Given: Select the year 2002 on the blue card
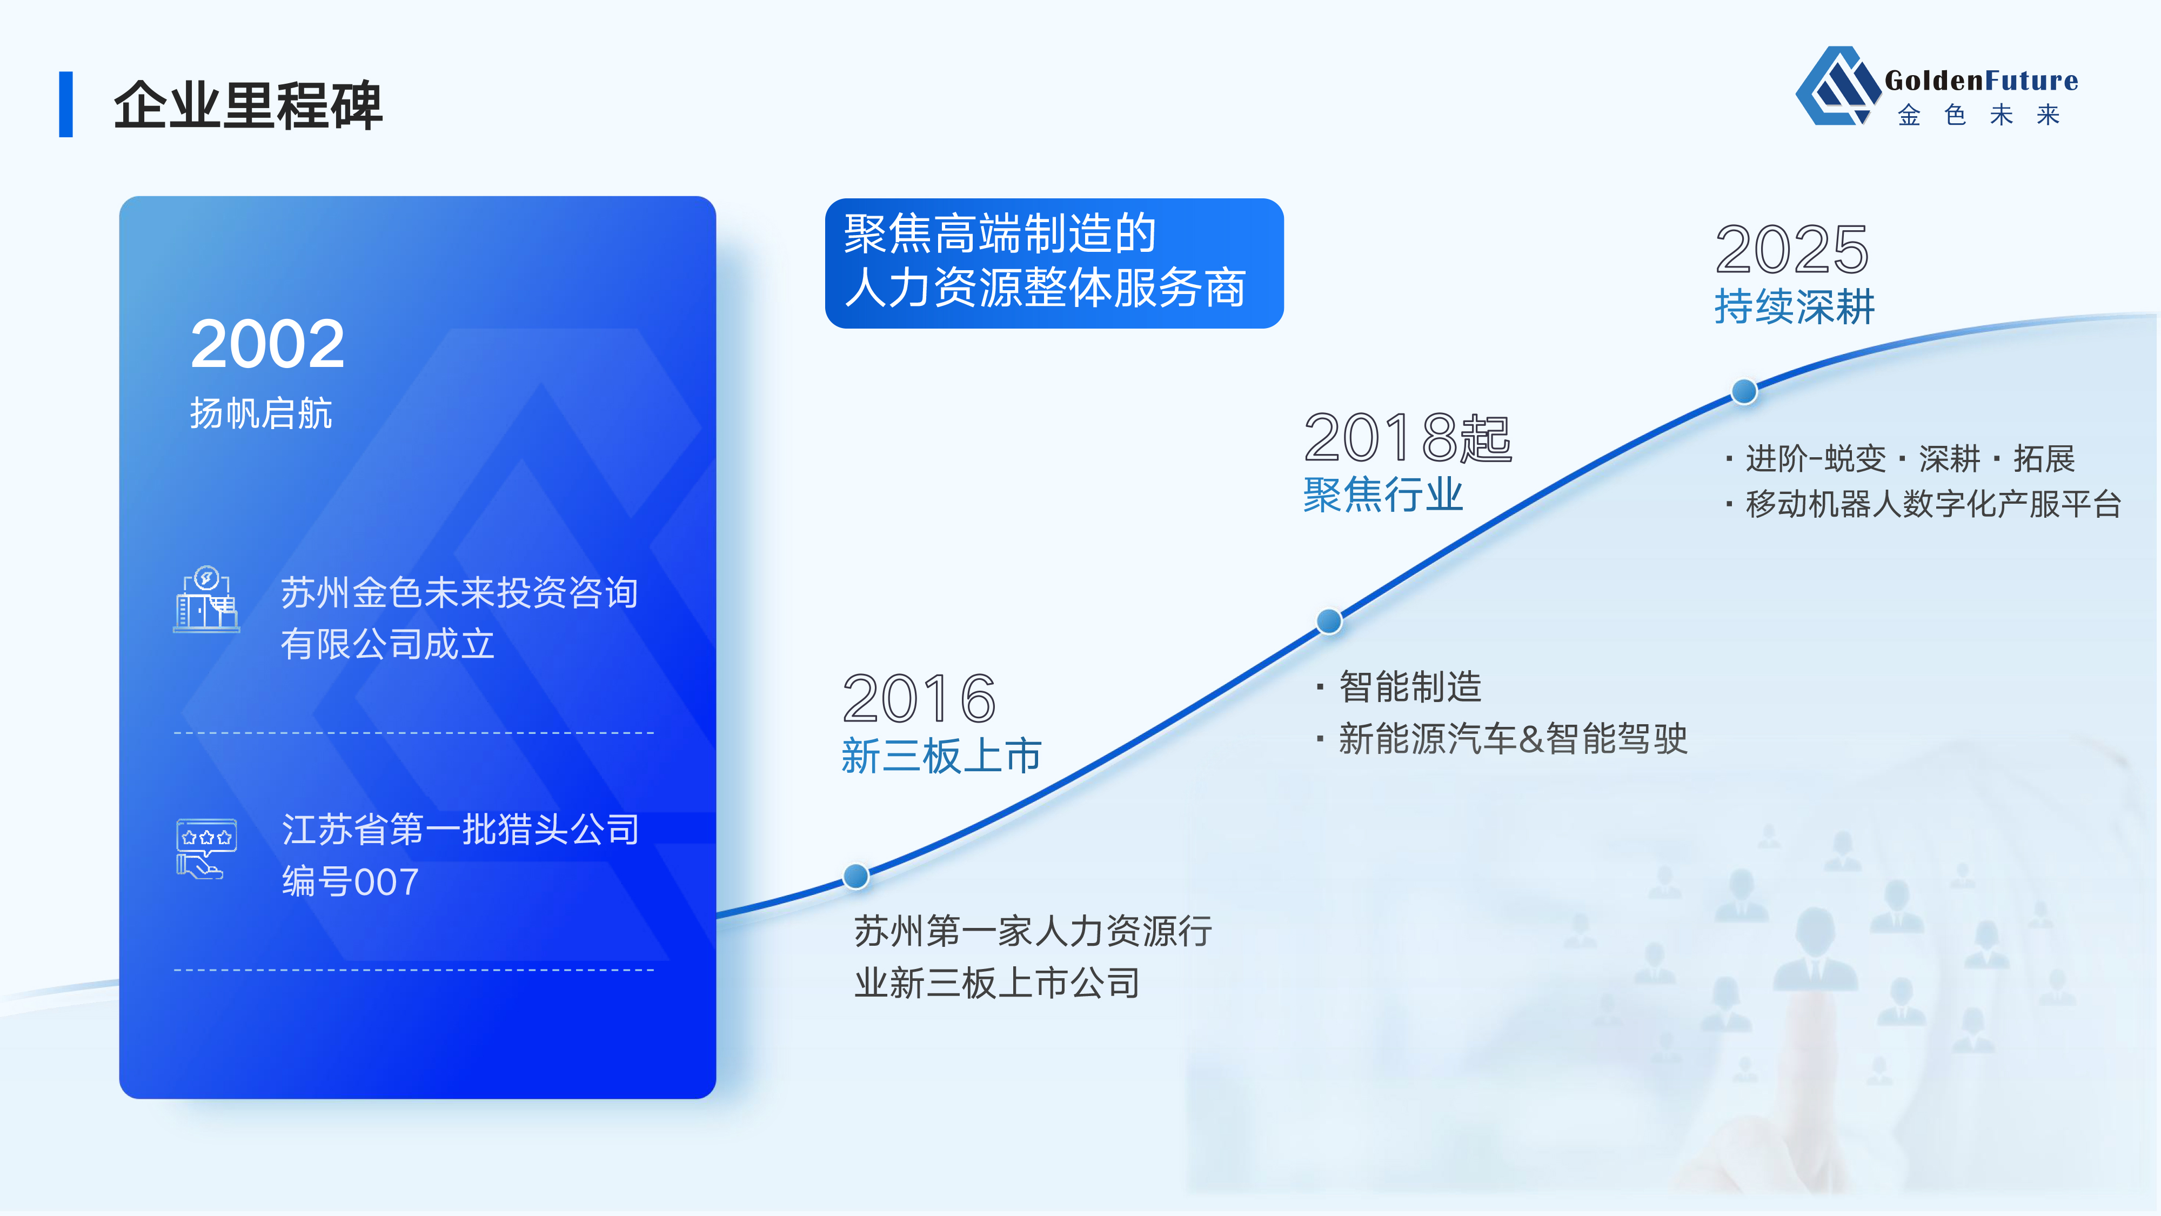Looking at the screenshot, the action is [x=267, y=344].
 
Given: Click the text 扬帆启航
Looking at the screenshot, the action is [x=261, y=413].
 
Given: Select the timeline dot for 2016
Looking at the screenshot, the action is [x=855, y=876].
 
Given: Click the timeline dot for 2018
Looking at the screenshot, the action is [x=1329, y=621].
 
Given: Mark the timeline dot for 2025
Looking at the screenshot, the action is [x=1744, y=391].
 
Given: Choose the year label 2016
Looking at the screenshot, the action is [x=919, y=698].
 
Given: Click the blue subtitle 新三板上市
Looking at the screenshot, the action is [x=941, y=756].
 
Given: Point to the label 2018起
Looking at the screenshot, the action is [x=1408, y=437].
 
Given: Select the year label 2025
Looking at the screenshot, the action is [x=1792, y=249].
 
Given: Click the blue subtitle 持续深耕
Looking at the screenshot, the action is [x=1795, y=305].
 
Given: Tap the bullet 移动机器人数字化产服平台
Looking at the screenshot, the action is [x=1933, y=504].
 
